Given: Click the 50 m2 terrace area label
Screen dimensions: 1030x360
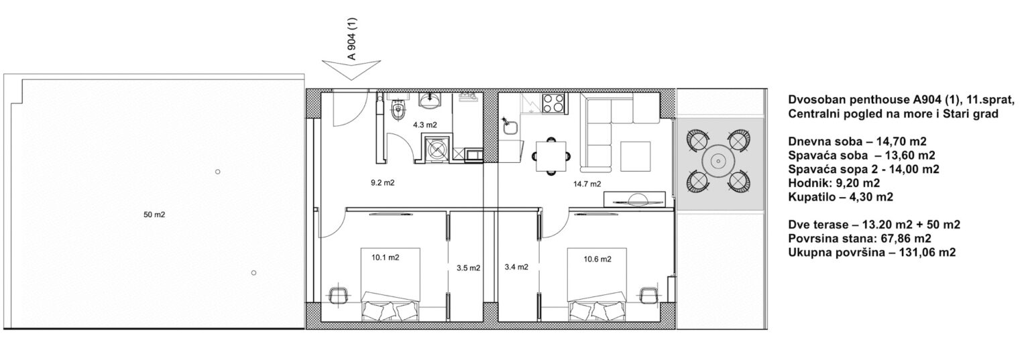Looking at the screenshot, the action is pyautogui.click(x=154, y=215).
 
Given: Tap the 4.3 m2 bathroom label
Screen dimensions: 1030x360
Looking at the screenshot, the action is pyautogui.click(x=425, y=125).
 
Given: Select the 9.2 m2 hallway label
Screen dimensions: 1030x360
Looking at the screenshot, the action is pyautogui.click(x=383, y=182).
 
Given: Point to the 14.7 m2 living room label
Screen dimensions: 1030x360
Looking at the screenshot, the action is pyautogui.click(x=587, y=184).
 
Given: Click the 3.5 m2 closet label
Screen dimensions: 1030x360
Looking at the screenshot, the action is pyautogui.click(x=469, y=267).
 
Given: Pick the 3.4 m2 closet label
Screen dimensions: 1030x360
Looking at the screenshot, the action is pyautogui.click(x=516, y=267).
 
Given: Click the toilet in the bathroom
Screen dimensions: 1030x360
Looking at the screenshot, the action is pyautogui.click(x=398, y=110).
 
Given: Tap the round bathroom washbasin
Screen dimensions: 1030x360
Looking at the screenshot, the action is pyautogui.click(x=430, y=100).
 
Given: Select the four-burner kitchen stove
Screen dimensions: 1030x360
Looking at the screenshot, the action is pyautogui.click(x=555, y=103).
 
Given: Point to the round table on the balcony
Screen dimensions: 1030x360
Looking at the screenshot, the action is pyautogui.click(x=717, y=161).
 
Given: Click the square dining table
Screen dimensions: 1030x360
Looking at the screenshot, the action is pyautogui.click(x=551, y=156).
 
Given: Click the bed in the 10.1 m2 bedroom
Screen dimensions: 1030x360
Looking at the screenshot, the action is pyautogui.click(x=390, y=284).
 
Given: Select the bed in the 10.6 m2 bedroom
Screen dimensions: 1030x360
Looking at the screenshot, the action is pyautogui.click(x=597, y=284).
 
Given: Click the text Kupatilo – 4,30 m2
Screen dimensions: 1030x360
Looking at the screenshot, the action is pyautogui.click(x=840, y=197).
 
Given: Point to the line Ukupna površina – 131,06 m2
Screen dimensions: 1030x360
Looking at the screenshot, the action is pyautogui.click(x=872, y=253).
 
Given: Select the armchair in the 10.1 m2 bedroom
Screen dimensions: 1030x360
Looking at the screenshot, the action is pyautogui.click(x=339, y=293).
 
